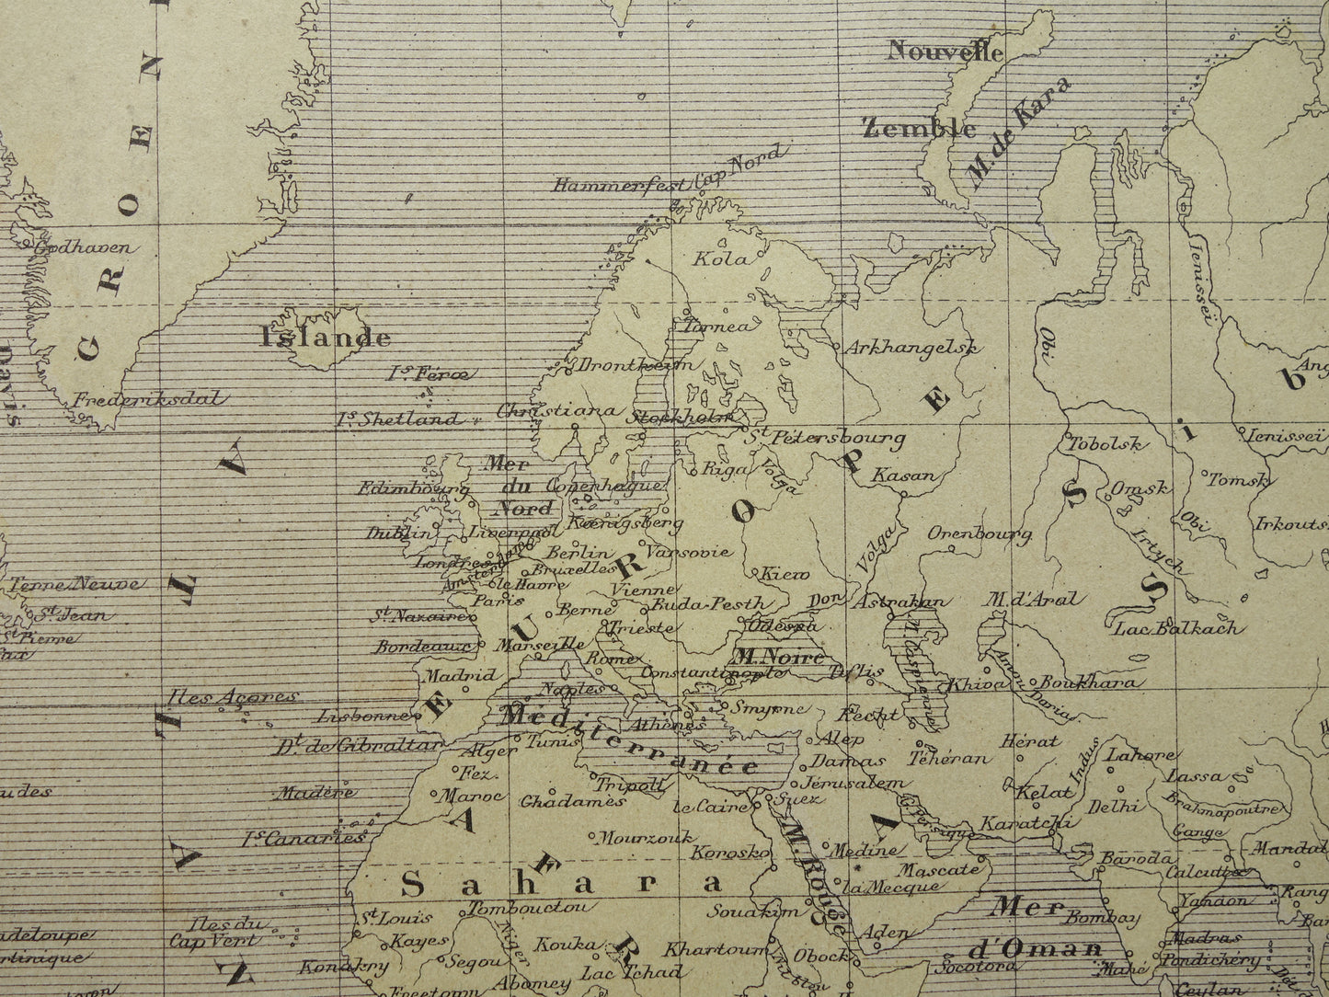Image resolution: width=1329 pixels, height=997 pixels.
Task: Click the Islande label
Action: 326,338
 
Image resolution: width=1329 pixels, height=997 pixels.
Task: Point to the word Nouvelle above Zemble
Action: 944,52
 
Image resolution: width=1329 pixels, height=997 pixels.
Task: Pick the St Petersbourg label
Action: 825,439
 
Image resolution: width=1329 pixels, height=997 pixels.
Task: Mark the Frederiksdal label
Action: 148,399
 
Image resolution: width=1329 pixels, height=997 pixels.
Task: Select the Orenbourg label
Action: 979,534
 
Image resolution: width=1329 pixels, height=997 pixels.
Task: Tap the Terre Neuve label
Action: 74,584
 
